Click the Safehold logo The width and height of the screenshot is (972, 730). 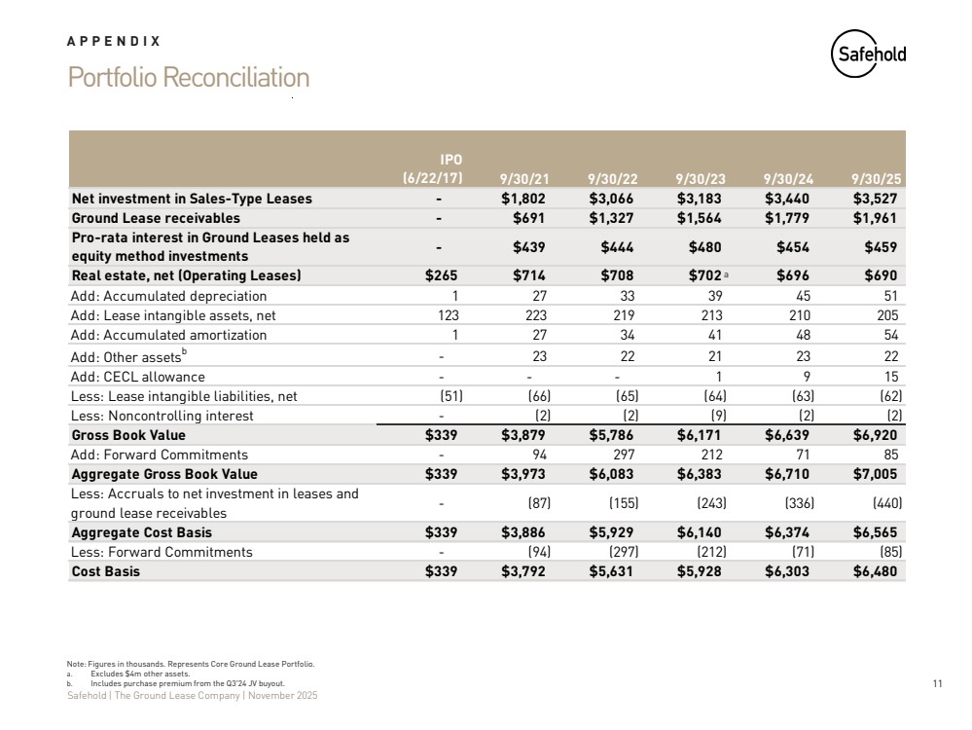point(869,55)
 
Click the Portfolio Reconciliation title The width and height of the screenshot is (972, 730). point(189,78)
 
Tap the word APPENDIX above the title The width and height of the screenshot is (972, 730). point(114,42)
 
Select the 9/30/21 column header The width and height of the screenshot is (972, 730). point(522,178)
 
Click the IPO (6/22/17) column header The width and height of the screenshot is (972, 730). point(433,168)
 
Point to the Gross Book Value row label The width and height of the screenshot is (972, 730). point(128,435)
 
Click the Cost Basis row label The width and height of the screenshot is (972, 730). point(106,571)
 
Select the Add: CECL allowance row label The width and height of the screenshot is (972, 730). point(138,377)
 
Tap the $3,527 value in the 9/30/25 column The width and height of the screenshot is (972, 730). point(876,199)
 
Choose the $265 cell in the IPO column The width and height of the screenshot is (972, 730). point(443,275)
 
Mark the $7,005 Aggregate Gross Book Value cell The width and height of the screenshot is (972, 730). point(876,474)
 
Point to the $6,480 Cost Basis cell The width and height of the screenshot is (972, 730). point(876,571)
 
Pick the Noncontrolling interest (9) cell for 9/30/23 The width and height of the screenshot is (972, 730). point(715,416)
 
